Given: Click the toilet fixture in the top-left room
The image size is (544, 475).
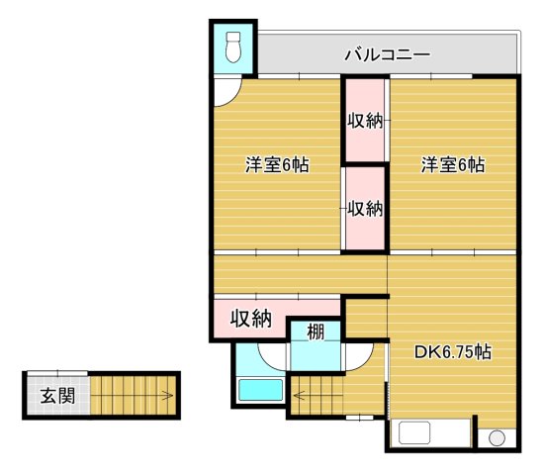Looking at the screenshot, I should tap(233, 46).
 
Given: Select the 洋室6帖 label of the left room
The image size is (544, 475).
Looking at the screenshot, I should tap(277, 164).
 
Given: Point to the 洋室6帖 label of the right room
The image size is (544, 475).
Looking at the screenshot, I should tap(452, 164).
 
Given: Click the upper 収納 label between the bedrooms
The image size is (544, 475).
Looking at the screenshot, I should tap(365, 122).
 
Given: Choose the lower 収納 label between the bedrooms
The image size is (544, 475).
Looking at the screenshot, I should tap(365, 209).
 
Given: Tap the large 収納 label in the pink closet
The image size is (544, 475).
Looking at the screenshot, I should tap(251, 319).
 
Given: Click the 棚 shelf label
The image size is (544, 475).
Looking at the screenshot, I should tap(315, 332).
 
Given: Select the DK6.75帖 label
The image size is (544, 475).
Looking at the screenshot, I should tap(453, 351).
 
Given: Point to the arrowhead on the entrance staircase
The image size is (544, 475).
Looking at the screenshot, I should tap(169, 397).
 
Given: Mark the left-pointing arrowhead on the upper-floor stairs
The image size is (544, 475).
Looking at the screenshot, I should tap(298, 398).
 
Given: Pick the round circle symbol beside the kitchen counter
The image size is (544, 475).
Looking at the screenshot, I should tap(497, 438).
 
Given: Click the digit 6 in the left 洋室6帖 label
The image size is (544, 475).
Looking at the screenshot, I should tap(287, 165).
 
